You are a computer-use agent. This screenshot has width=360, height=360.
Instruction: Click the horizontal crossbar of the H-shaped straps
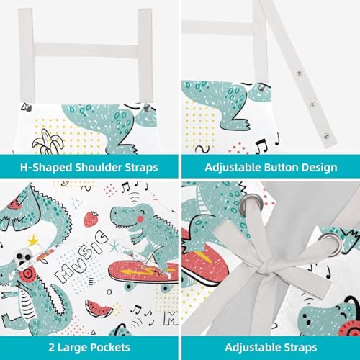pos(86,50)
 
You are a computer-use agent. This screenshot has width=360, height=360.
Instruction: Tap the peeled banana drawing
pos(48,142)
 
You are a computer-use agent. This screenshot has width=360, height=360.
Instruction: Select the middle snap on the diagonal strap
pos(312,104)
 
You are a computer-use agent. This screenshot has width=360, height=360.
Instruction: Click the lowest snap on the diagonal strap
pos(326,137)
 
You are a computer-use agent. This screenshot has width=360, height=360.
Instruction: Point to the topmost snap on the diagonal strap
pos(299,73)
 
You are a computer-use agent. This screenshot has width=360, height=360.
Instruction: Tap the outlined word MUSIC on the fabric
pos(81,256)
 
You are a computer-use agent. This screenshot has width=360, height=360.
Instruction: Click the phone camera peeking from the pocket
pos(23,257)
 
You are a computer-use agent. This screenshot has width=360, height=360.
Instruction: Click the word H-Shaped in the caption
pos(46,168)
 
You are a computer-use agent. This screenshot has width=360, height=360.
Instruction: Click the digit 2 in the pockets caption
pos(52,347)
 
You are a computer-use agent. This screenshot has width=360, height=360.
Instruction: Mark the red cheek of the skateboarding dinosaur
pos(140,219)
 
